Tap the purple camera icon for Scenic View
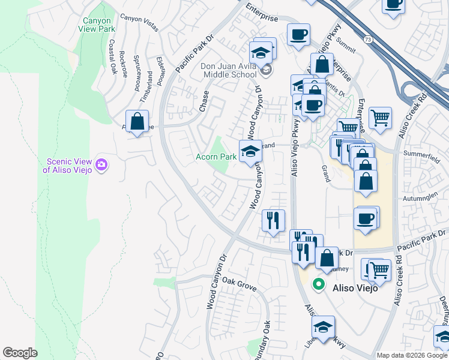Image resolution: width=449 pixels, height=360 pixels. tap(101, 164)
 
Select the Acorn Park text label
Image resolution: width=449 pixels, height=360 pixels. tap(215, 157)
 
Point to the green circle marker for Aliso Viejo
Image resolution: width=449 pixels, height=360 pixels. tap(319, 286)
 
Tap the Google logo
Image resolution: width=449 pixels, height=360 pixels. tap(20, 353)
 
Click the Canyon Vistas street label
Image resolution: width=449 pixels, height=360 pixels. tap(139, 19)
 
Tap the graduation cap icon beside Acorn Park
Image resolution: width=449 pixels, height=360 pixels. tap(250, 151)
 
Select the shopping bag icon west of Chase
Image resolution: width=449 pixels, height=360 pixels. tap(137, 121)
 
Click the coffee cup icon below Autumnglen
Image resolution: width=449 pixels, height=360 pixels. tap(365, 218)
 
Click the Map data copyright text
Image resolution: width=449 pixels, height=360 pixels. tap(411, 355)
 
